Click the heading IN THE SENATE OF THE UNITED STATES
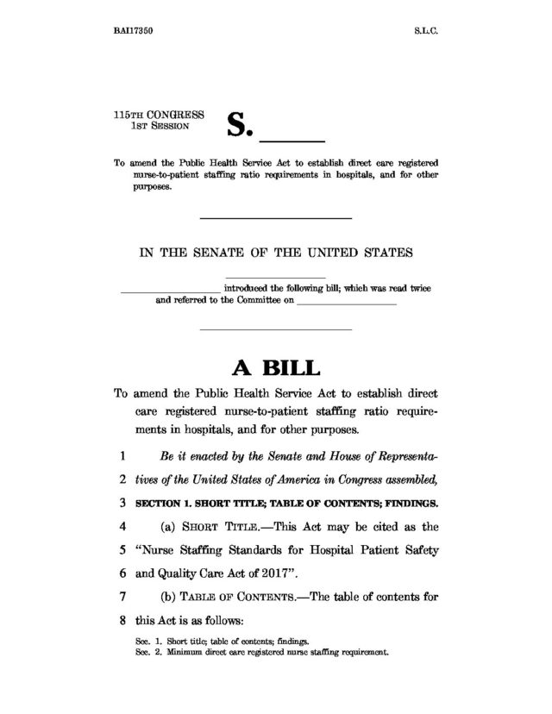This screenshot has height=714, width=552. (x=276, y=254)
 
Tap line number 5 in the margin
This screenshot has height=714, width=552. (x=124, y=549)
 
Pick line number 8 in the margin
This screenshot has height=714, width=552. (x=124, y=619)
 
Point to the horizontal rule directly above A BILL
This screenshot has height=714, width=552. (x=276, y=330)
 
